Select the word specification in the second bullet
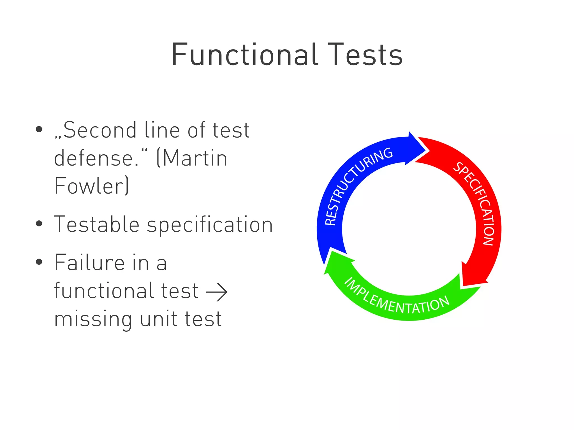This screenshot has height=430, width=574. tap(210, 225)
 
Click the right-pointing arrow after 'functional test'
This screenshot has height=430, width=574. tap(217, 292)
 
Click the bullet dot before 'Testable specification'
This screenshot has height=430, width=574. tap(39, 224)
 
